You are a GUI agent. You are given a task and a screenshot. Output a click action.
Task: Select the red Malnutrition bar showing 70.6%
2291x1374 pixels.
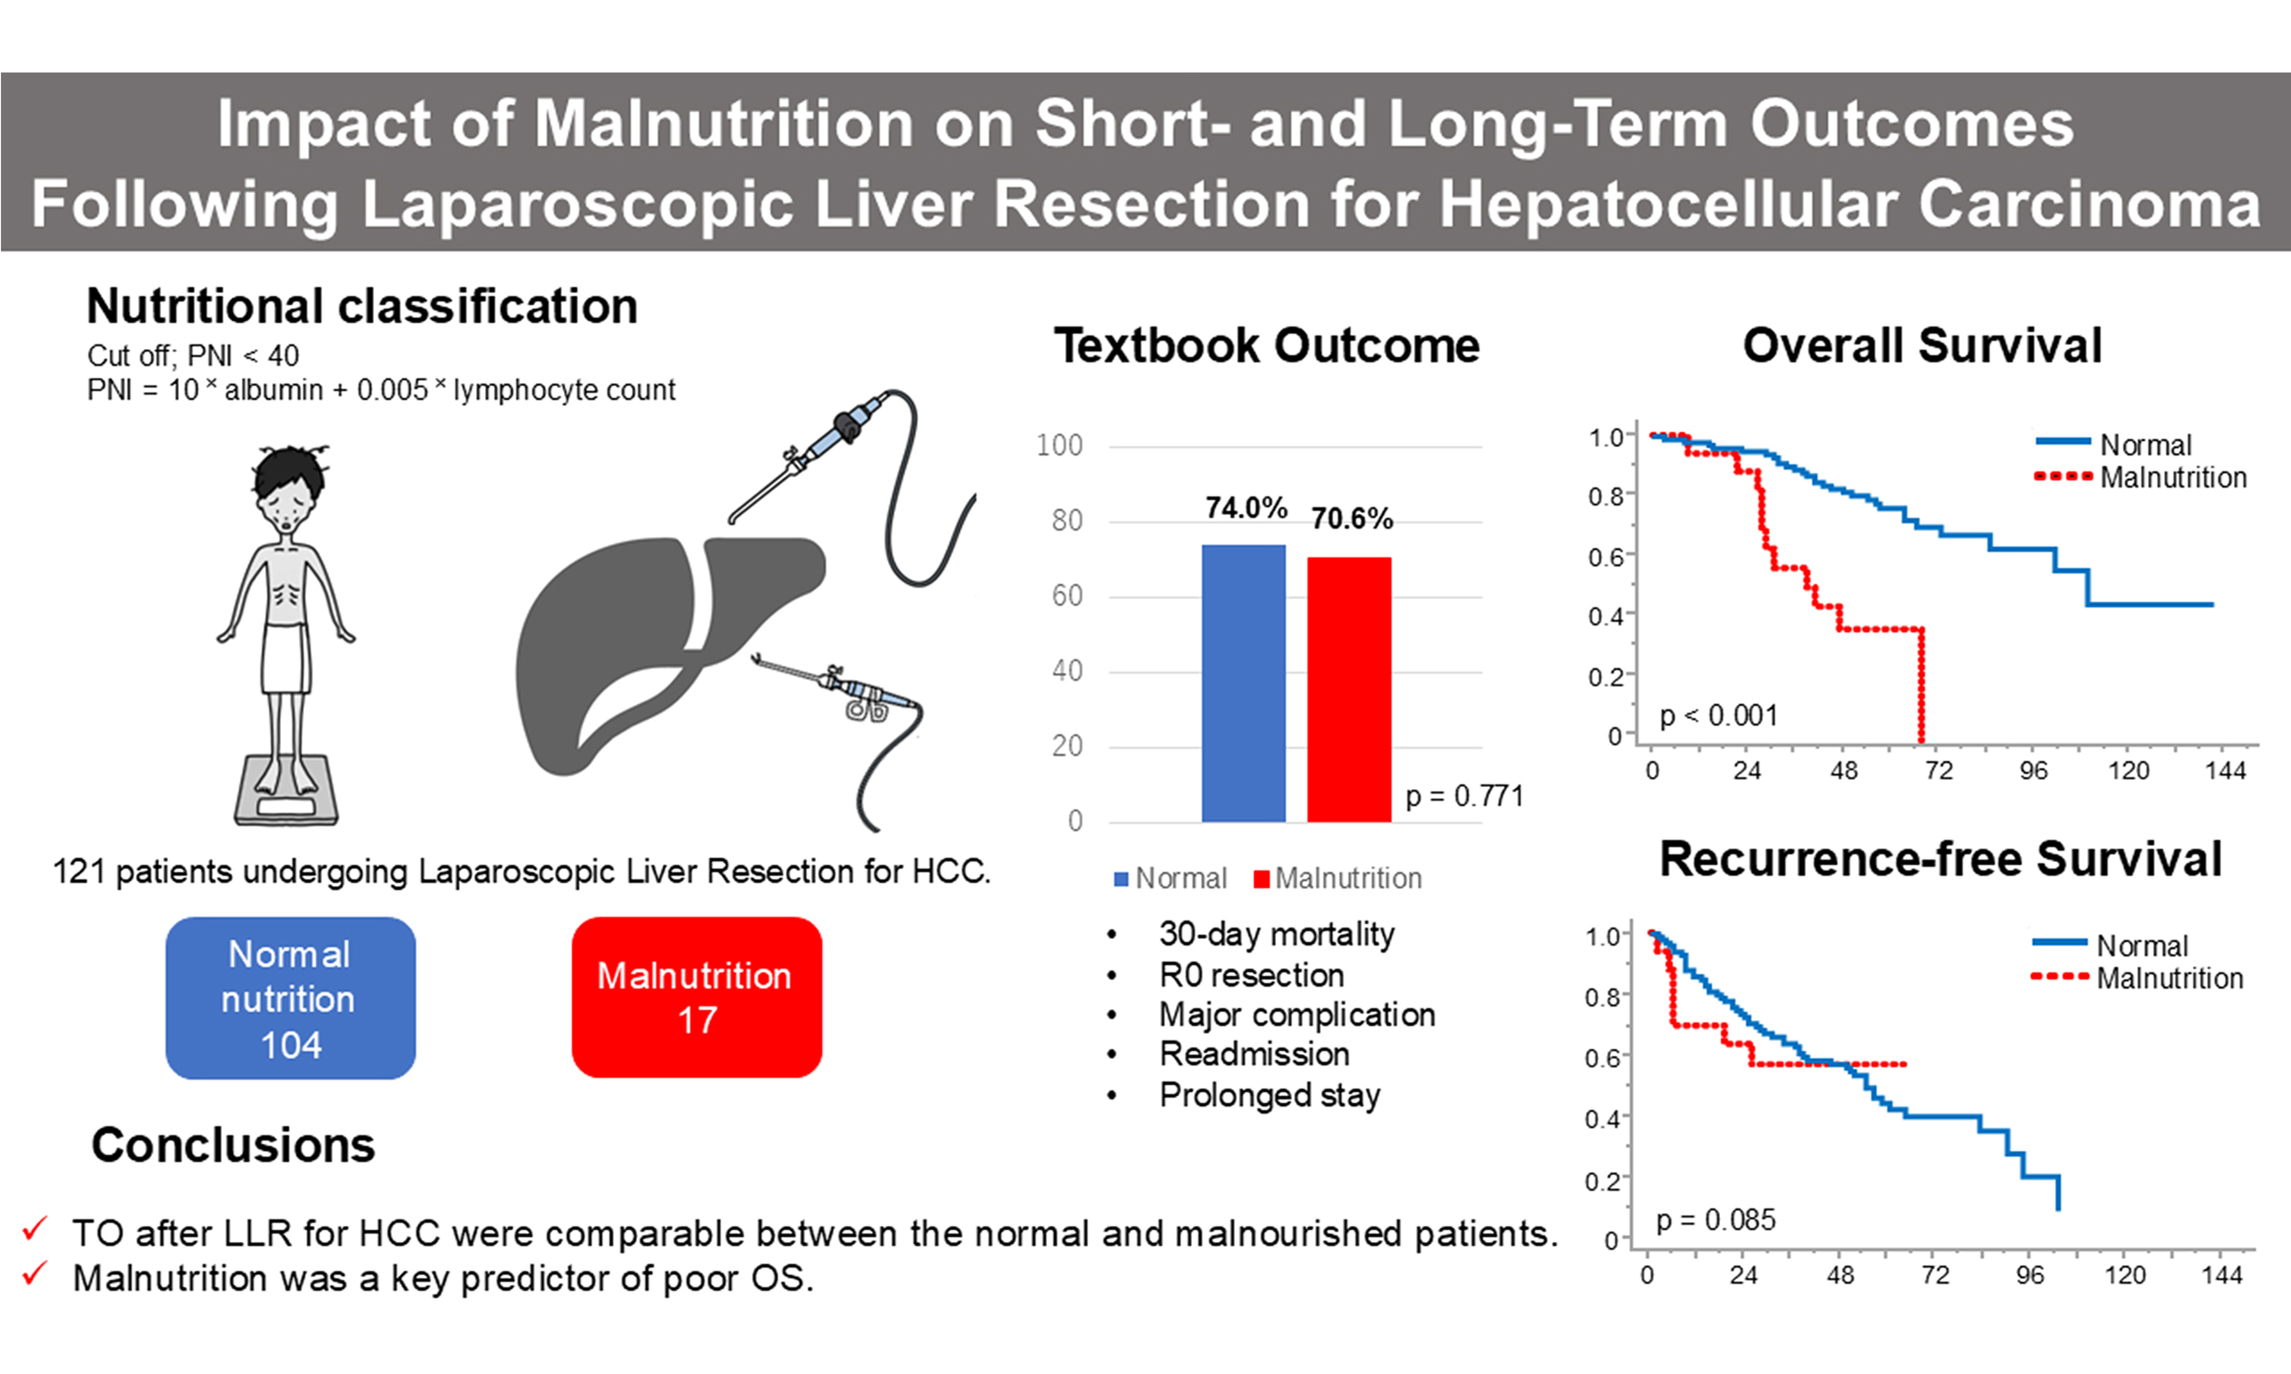(1349, 689)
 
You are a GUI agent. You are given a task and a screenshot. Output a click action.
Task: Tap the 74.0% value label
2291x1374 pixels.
(1246, 508)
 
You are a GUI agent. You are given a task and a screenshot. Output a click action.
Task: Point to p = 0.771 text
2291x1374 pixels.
(1464, 795)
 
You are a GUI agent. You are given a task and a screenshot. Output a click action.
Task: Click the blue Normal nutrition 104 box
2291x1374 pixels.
(290, 998)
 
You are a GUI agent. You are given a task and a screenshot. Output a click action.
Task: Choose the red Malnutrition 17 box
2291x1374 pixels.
(696, 997)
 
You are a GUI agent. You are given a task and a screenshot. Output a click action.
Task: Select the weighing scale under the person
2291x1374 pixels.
(285, 792)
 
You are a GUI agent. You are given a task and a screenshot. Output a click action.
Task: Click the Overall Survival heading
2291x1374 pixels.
(1922, 346)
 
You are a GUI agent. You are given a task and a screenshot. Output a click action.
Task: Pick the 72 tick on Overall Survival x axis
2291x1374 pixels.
(1938, 771)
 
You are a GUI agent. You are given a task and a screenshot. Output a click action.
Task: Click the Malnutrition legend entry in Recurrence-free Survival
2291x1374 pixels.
(2168, 979)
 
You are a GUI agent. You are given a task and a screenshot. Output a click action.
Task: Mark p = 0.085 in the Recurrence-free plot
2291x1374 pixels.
(1716, 1220)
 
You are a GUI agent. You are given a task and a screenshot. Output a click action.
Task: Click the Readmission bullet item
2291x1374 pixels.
(1254, 1055)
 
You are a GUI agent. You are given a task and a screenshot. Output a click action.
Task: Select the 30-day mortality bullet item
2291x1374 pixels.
(1276, 934)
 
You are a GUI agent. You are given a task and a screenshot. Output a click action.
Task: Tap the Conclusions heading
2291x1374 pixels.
(233, 1145)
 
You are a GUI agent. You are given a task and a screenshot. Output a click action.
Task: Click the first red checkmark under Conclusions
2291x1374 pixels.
(35, 1230)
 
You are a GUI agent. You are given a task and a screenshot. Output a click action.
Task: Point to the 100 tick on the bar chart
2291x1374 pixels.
(1060, 445)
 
